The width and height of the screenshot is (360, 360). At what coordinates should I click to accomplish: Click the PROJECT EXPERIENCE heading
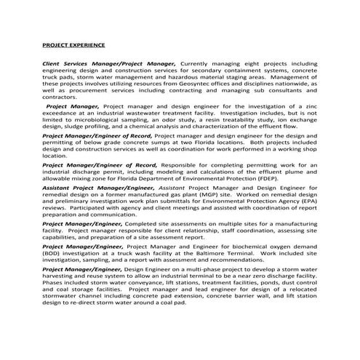pos(73,46)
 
